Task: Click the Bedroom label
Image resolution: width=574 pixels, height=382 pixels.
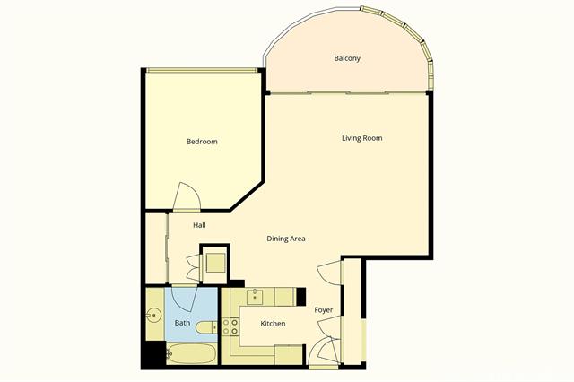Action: coord(202,142)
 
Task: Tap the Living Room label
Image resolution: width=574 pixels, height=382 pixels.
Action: coord(361,138)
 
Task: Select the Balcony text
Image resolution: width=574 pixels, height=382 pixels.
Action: coord(347,59)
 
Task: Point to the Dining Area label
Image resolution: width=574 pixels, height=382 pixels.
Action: coord(286,239)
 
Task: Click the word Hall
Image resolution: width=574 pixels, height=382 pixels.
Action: coord(200,225)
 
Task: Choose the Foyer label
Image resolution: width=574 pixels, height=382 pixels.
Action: coord(324,310)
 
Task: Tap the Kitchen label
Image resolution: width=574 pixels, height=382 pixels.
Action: coord(273,323)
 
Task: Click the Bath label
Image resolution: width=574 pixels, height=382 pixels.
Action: coord(182,323)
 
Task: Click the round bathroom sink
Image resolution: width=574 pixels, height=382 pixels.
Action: coord(154,316)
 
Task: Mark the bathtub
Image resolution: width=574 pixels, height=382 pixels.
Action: coord(192,353)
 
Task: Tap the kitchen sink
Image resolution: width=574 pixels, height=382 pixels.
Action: coord(256,297)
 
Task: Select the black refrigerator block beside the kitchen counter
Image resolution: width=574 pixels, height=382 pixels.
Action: coord(302,295)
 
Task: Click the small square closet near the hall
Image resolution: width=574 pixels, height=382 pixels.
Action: coord(214,263)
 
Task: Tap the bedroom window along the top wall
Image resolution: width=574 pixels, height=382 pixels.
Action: coord(202,71)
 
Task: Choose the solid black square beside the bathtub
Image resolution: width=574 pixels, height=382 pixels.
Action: coord(154,355)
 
